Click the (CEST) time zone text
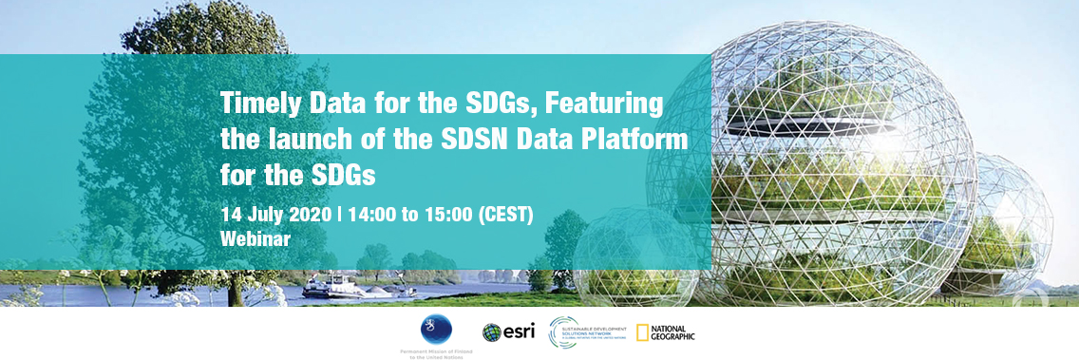click(x=505, y=213)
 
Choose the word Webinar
click(x=255, y=238)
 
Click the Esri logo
click(x=508, y=332)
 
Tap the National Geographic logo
click(x=665, y=332)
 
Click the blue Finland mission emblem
click(x=436, y=329)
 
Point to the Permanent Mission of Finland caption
click(x=436, y=352)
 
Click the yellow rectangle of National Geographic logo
click(x=642, y=332)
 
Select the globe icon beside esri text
click(x=491, y=332)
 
